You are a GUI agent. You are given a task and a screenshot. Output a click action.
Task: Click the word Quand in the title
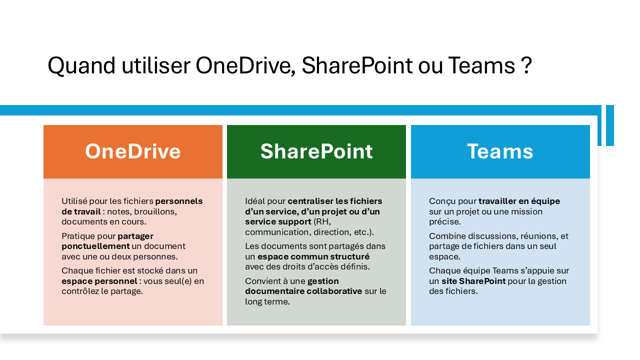point(81,66)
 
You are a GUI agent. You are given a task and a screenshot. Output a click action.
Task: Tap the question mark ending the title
point(526,65)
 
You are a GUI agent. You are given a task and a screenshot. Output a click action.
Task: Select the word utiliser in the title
point(156,65)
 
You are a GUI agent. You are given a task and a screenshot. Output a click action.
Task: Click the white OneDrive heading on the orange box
point(133,151)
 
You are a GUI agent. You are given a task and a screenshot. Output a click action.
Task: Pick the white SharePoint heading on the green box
point(316,151)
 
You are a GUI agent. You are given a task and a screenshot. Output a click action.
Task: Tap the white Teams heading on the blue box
point(500,151)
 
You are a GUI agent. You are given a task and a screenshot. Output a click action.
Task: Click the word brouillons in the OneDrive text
point(155,211)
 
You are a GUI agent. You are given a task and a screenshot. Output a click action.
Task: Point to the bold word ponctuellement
point(95,246)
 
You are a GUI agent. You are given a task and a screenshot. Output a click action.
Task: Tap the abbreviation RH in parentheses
point(322,221)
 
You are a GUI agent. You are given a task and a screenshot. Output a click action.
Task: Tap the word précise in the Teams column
point(445,221)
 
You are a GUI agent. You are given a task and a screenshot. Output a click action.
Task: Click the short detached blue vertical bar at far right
point(610,125)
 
